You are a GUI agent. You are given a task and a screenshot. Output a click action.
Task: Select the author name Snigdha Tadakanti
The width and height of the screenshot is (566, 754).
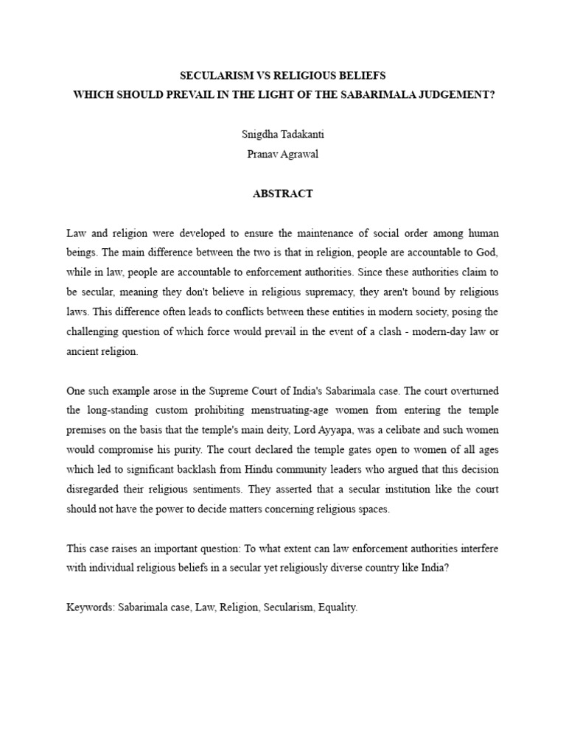283,135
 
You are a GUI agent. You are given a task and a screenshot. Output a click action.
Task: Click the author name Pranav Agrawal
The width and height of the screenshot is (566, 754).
283,155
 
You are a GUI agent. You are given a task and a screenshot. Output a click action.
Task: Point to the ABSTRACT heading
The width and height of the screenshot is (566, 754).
283,194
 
